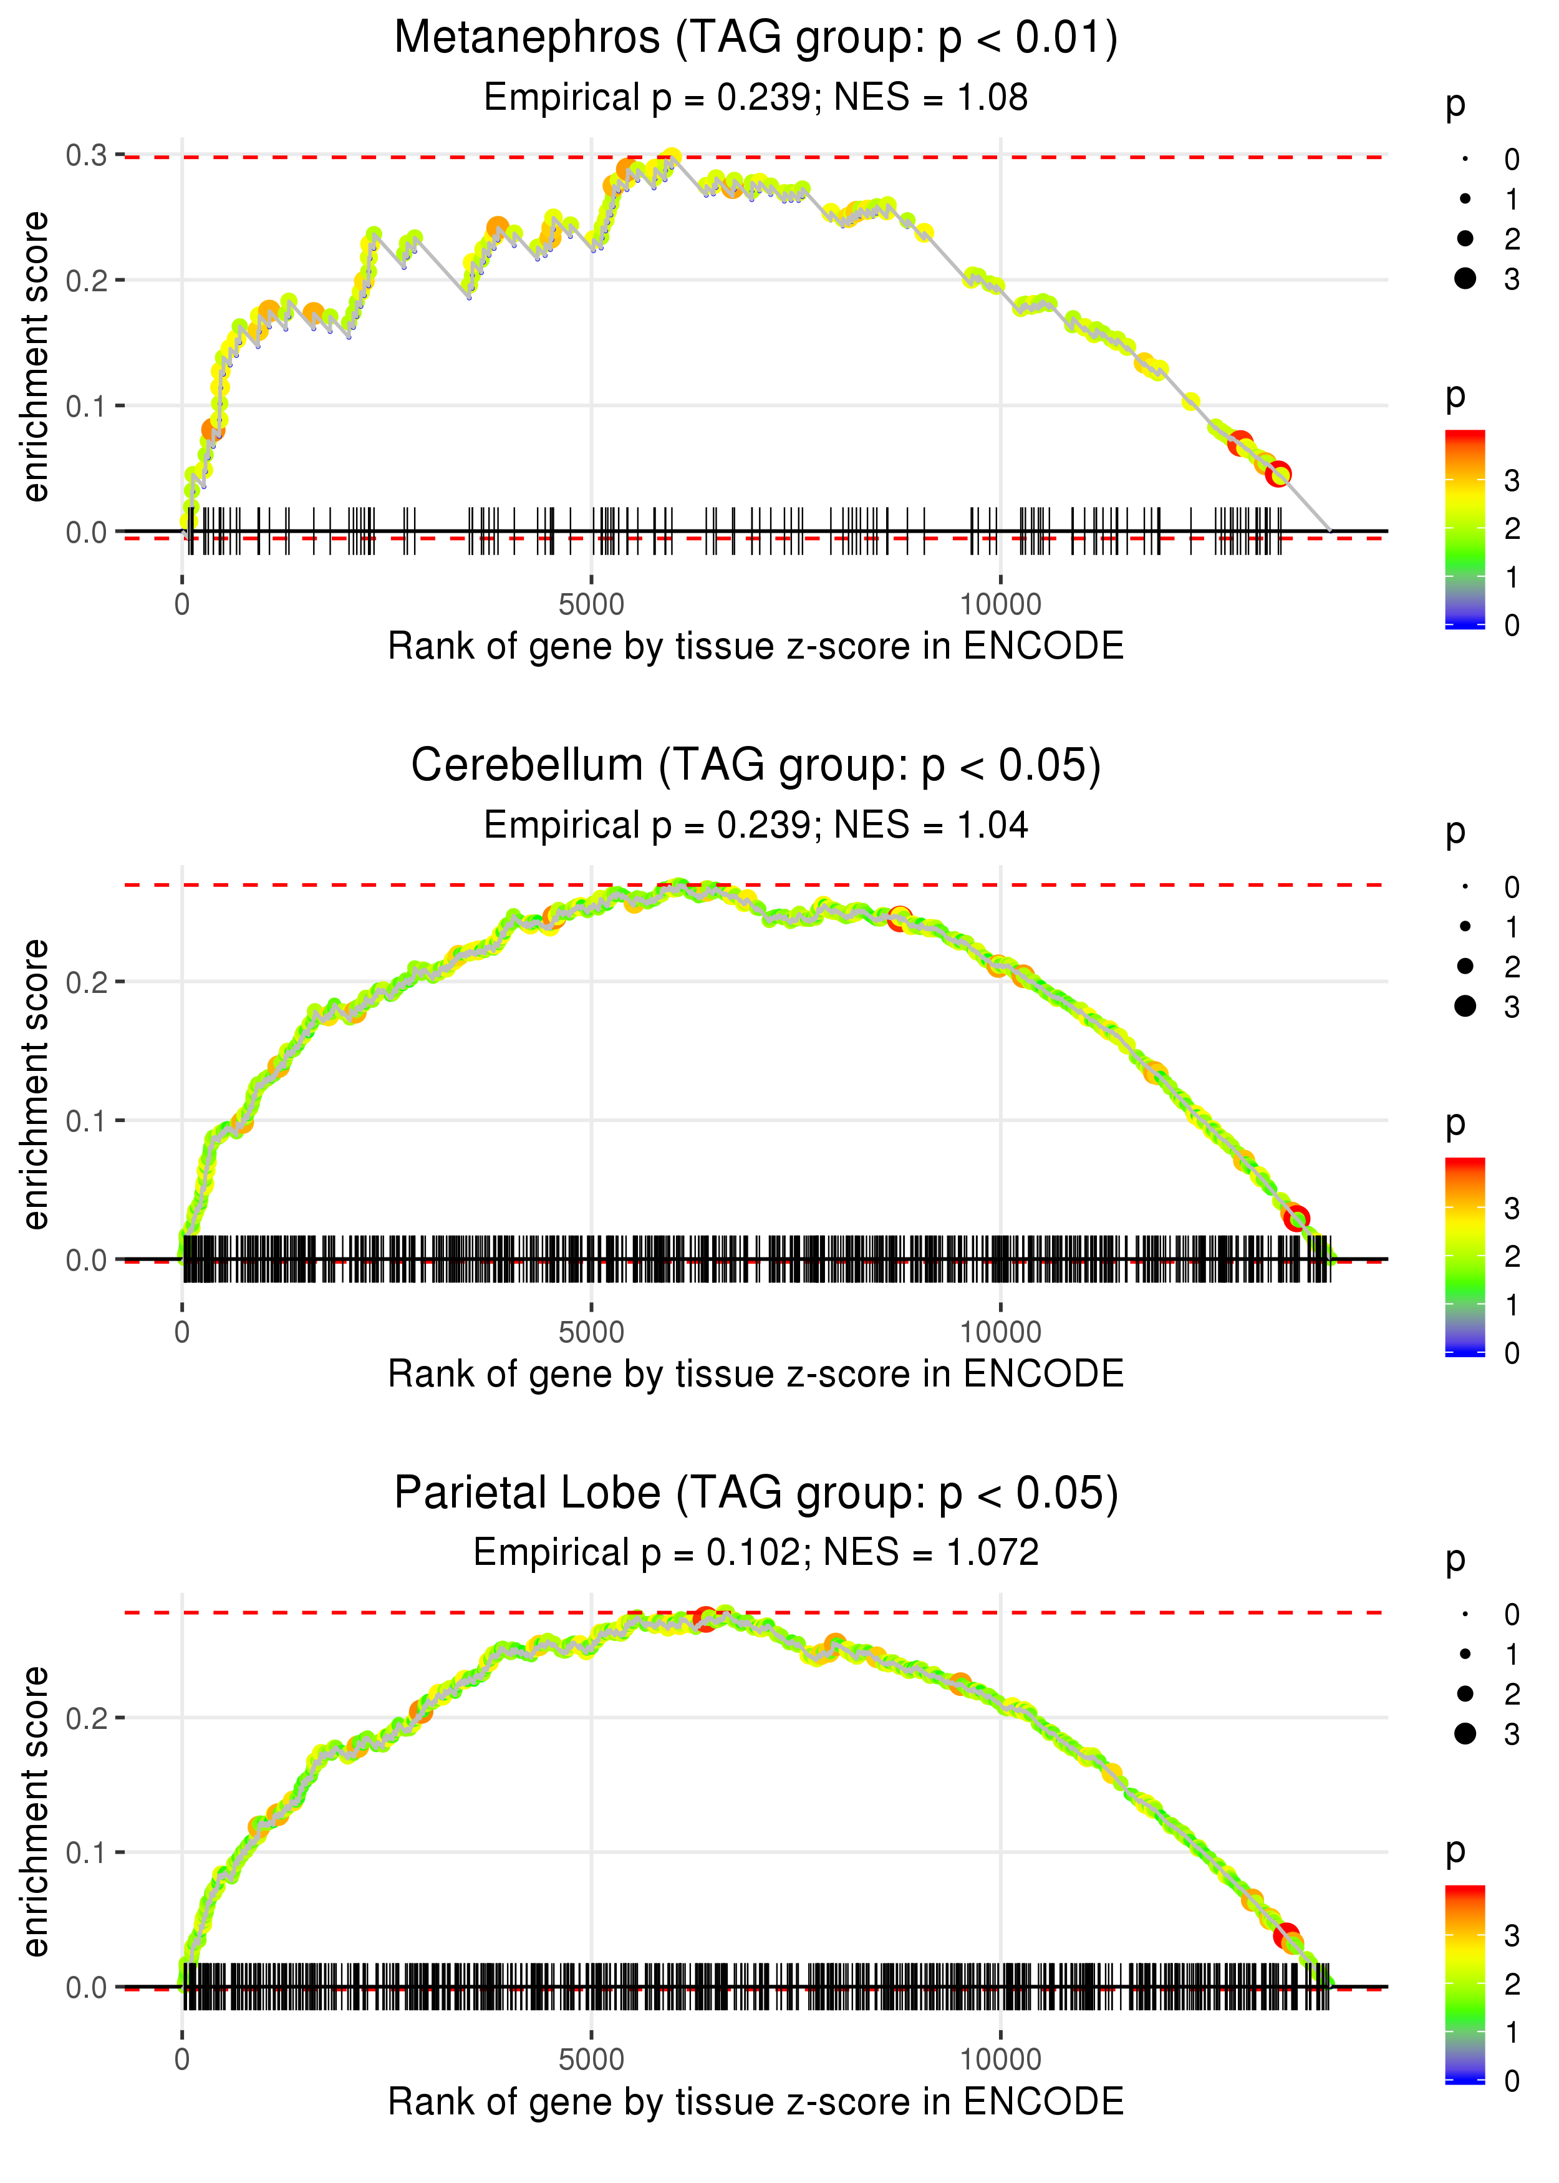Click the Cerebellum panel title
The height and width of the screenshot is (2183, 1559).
(756, 765)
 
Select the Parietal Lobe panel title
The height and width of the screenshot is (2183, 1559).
(756, 1493)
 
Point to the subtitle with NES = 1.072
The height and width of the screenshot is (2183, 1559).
(756, 1552)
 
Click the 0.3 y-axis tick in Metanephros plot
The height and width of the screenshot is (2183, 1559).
(87, 155)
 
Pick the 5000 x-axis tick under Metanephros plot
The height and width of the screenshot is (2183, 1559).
(591, 605)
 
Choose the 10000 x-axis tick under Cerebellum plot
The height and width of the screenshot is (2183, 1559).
(1000, 1332)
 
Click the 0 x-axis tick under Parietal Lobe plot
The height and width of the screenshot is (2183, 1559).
(182, 2059)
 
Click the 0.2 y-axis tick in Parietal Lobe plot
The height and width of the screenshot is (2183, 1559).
(87, 1718)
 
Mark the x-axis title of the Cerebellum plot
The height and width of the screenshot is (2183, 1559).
(756, 1374)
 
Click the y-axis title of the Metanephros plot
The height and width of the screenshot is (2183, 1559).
(36, 357)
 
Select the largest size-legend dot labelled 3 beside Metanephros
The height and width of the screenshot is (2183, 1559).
(1465, 278)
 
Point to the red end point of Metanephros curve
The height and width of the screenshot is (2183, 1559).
(1278, 474)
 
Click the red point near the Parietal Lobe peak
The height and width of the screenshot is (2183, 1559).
(705, 1619)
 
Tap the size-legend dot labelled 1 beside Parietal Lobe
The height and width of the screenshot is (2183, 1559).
(1465, 1654)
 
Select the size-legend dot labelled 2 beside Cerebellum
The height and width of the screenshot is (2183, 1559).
(1465, 966)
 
